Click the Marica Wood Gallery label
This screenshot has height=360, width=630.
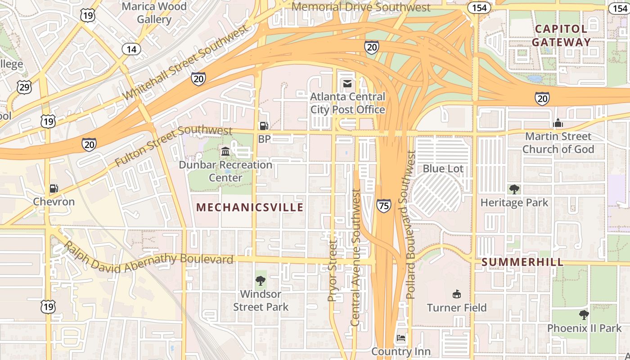pos(154,13)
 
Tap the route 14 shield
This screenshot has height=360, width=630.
pos(131,49)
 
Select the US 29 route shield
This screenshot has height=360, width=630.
pos(24,87)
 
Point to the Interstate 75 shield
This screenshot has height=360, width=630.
pos(384,206)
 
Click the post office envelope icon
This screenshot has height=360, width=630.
pos(347,84)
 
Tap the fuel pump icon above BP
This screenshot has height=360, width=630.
pos(264,126)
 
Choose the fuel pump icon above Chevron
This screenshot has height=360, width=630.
pos(54,189)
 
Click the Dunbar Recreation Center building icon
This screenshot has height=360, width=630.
pos(225,151)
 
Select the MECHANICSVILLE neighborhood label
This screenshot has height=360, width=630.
pos(250,207)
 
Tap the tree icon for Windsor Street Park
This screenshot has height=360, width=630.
pos(260,281)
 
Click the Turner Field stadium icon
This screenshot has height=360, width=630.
pos(457,294)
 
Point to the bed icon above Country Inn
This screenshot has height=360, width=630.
pos(401,337)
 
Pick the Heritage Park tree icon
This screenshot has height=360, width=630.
pos(514,189)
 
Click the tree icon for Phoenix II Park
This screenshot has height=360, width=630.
pos(584,315)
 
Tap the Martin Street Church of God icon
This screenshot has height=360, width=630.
pos(558,123)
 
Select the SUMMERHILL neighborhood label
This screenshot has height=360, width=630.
pos(522,262)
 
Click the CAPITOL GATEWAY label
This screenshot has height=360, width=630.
pos(561,36)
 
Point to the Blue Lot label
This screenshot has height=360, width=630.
pos(443,169)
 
